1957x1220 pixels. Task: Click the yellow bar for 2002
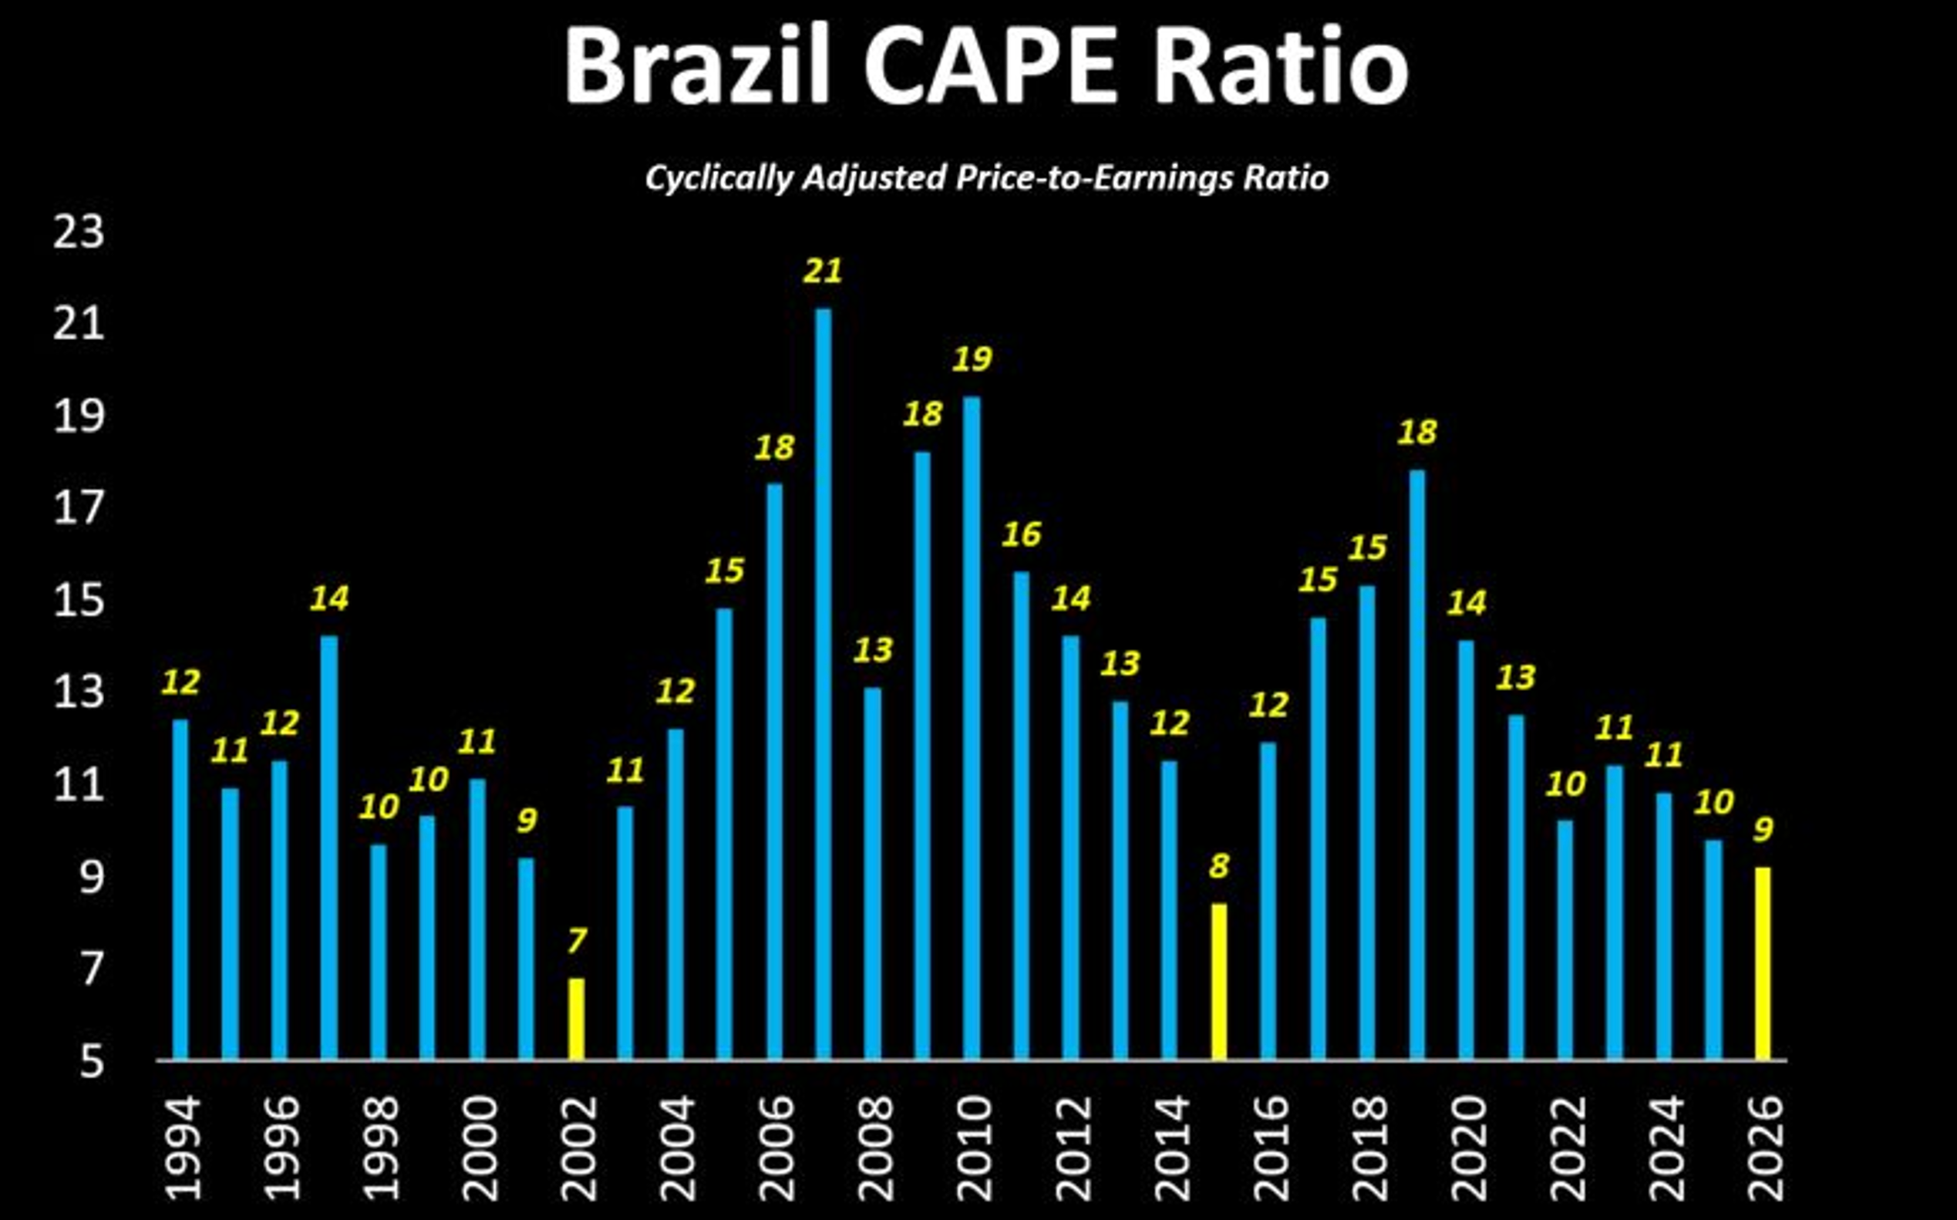[x=576, y=1018]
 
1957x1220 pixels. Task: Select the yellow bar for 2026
[x=1763, y=963]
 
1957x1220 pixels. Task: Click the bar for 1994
[x=180, y=889]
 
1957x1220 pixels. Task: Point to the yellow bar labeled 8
[x=1219, y=981]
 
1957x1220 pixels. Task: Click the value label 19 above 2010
[x=972, y=359]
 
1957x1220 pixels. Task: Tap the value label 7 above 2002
[x=576, y=942]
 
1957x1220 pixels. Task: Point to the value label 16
[x=1021, y=534]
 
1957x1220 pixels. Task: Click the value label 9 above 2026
[x=1763, y=830]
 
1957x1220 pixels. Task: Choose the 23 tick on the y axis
[x=79, y=232]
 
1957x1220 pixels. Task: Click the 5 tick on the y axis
[x=91, y=1062]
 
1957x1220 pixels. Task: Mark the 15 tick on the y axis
[x=79, y=601]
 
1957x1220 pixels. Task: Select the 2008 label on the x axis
[x=875, y=1148]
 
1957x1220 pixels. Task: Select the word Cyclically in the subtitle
[x=719, y=178]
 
